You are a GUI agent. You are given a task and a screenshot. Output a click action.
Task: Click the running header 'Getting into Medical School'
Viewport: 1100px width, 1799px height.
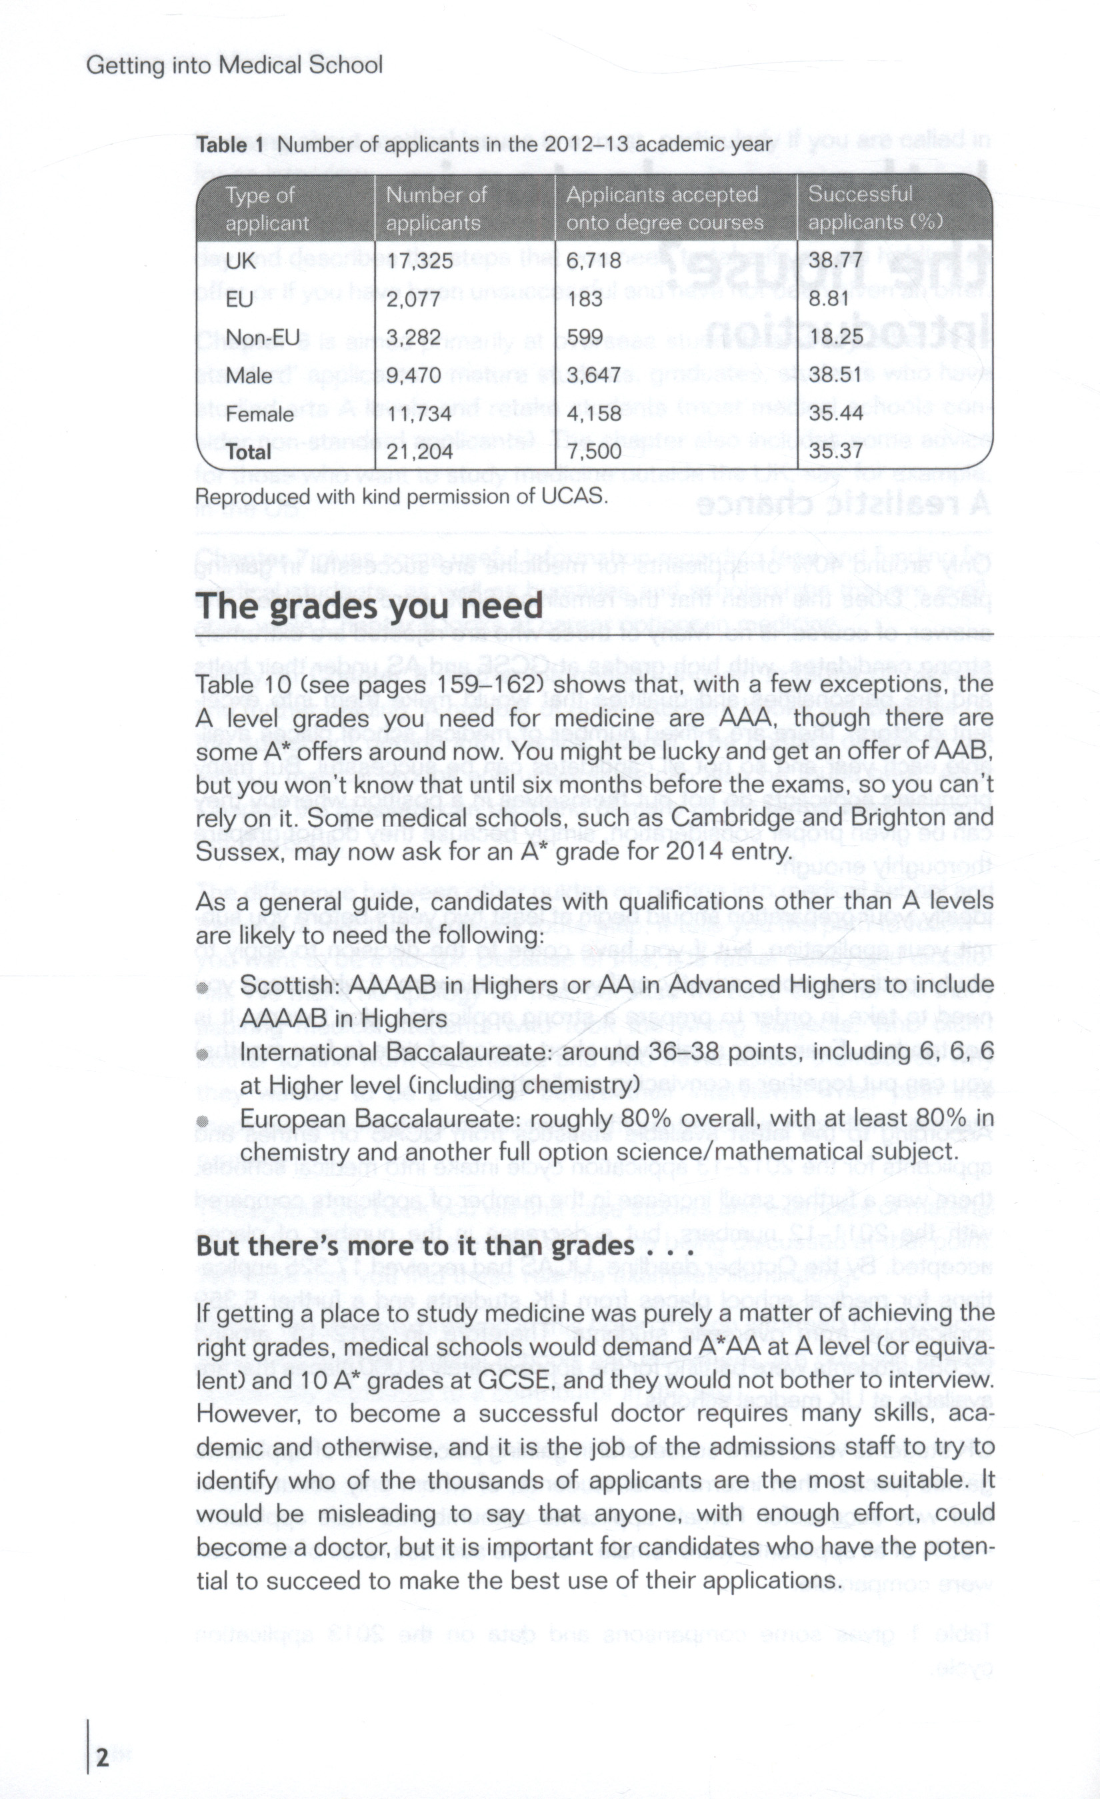pos(235,66)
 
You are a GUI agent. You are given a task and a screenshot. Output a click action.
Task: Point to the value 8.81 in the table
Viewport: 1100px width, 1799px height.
pos(829,298)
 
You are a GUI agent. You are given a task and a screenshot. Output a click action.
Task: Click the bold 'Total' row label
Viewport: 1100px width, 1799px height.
pos(249,452)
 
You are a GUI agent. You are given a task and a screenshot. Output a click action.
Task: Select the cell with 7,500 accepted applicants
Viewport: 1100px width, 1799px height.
pos(594,451)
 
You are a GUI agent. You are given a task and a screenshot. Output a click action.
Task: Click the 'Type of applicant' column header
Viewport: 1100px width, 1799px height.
pos(267,208)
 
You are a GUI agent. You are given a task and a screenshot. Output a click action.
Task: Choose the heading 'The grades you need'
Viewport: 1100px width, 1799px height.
pos(369,605)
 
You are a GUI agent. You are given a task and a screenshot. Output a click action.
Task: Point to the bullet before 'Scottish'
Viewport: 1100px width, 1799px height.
pos(203,988)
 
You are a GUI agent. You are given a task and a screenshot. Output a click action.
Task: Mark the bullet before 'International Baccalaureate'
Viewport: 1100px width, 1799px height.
pos(203,1054)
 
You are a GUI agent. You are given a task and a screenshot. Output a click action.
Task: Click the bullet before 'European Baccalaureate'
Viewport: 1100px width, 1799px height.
pos(203,1121)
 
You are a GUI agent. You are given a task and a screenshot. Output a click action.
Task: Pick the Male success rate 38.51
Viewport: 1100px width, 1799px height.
pos(835,375)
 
